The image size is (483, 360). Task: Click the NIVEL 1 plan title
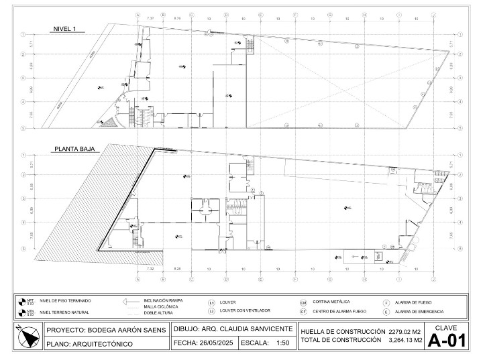69,29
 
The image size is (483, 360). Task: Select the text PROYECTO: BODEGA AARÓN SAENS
106,331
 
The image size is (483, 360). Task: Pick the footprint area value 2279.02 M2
405,331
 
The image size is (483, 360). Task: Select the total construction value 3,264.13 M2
405,341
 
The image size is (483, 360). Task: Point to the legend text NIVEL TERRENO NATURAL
65,312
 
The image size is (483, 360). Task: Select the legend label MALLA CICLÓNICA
161,306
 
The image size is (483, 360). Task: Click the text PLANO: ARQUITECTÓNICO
90,344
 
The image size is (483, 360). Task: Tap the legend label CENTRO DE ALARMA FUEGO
339,311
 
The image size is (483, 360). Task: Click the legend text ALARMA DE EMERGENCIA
419,312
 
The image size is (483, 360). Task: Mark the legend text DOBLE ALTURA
158,312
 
